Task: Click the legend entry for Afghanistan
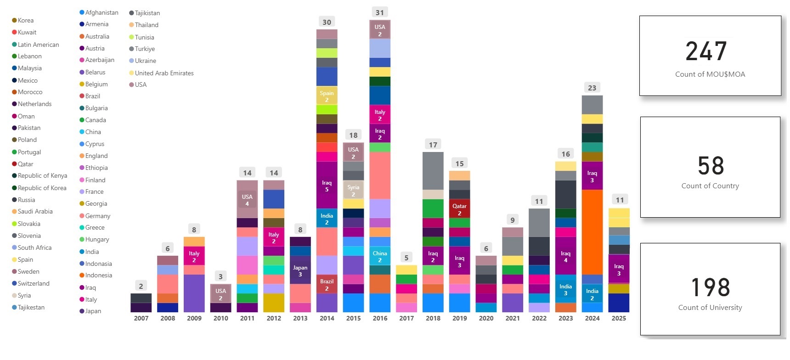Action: click(102, 12)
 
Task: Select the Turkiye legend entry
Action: click(144, 49)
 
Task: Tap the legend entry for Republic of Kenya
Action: click(42, 175)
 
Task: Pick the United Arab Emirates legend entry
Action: click(164, 73)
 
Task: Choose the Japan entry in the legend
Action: click(93, 311)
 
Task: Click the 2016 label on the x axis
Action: click(380, 318)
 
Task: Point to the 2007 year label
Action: click(141, 318)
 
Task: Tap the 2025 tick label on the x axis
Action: click(619, 318)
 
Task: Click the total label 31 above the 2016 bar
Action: click(380, 12)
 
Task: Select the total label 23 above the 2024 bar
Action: click(592, 88)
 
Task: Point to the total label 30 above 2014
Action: click(327, 22)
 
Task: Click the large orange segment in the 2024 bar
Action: click(592, 232)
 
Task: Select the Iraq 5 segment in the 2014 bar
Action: click(327, 186)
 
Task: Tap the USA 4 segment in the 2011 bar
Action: click(247, 200)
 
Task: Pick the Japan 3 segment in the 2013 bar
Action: click(300, 270)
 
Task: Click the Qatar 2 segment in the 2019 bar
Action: click(459, 209)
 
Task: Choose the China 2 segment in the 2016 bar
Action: click(380, 256)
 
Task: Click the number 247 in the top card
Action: click(706, 51)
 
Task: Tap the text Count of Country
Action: click(710, 186)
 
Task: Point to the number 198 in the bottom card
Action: click(710, 287)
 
